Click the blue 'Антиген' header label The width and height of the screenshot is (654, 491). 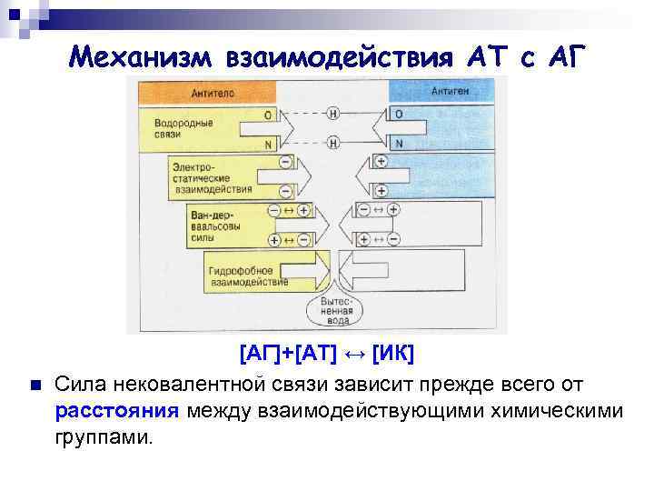pyautogui.click(x=450, y=92)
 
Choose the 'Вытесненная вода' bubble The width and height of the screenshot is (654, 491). pyautogui.click(x=335, y=309)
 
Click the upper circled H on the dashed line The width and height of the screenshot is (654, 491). pyautogui.click(x=333, y=115)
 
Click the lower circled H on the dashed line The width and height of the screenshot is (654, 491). pyautogui.click(x=333, y=143)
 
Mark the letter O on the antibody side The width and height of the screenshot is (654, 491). pyautogui.click(x=267, y=115)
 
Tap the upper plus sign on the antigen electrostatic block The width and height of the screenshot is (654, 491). pyautogui.click(x=381, y=162)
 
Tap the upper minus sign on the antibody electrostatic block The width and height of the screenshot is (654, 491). pyautogui.click(x=286, y=162)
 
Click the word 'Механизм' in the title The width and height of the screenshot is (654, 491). pyautogui.click(x=140, y=57)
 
